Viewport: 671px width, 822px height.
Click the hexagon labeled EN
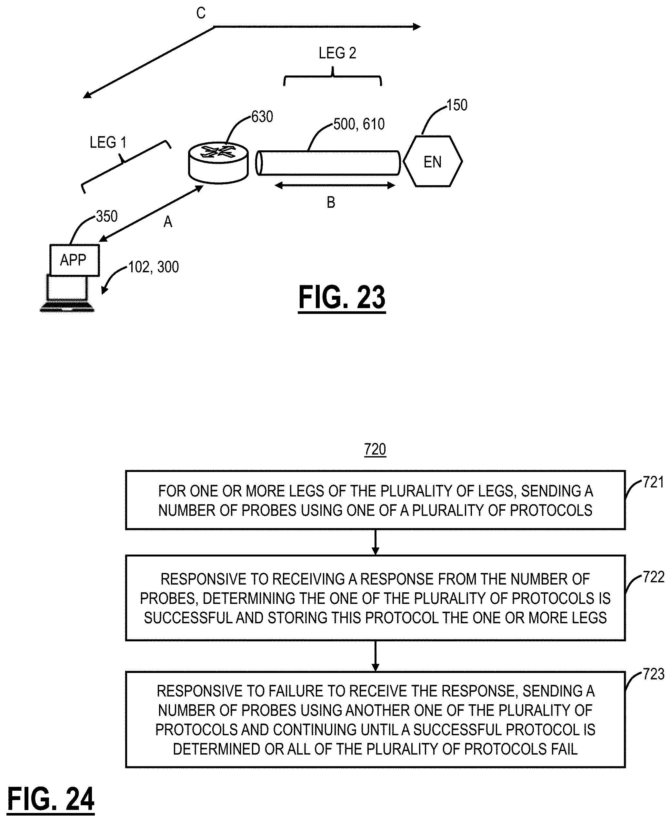pos(433,162)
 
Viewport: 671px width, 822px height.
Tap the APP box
pos(75,260)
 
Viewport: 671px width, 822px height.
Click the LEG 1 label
pos(108,143)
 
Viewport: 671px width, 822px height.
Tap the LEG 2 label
pos(337,53)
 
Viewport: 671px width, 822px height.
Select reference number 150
pos(457,105)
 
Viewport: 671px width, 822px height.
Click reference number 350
pos(107,216)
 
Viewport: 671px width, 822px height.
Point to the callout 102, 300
pos(154,267)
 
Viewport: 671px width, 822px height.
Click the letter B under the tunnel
pos(331,203)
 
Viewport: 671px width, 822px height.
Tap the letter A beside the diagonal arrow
pos(168,222)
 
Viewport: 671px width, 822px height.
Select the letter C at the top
pos(201,13)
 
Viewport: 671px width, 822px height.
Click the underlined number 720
pos(375,449)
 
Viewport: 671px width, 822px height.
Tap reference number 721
pos(653,482)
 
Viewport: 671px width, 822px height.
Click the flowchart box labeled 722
pos(375,598)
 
